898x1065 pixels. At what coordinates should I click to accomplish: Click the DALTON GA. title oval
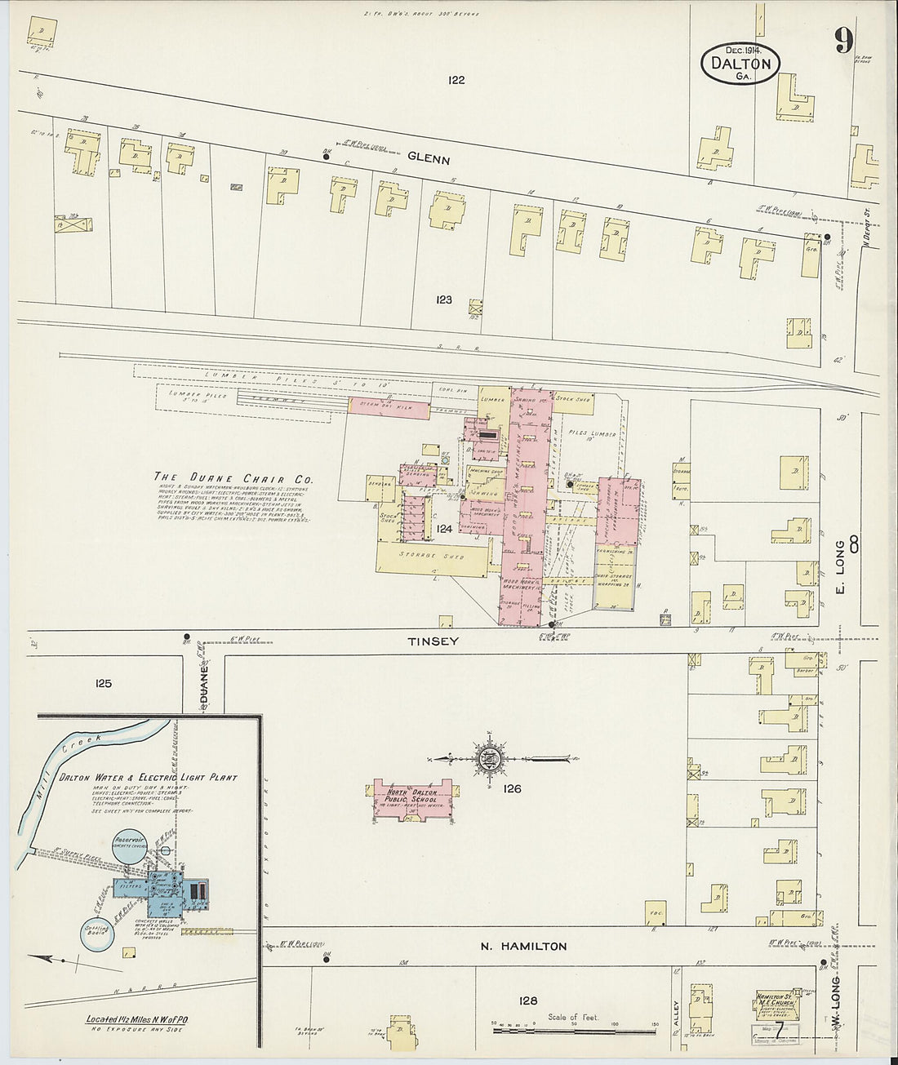pos(740,64)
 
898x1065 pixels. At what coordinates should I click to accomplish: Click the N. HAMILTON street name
pos(522,947)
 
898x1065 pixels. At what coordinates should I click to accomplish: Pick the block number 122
pos(456,80)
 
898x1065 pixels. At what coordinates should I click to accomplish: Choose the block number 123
pos(443,300)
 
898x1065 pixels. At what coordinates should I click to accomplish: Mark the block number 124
pos(443,529)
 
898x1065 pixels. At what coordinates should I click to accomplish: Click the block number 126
pos(512,788)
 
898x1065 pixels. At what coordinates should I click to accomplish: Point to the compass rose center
pos(491,759)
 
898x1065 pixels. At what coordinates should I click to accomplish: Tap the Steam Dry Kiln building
pos(389,406)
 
